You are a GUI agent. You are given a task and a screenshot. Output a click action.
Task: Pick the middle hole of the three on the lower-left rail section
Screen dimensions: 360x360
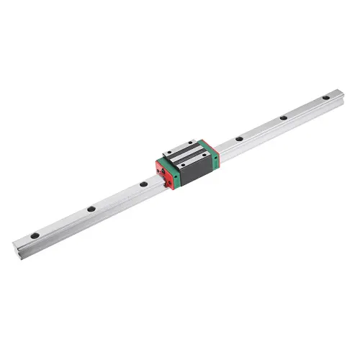coord(91,209)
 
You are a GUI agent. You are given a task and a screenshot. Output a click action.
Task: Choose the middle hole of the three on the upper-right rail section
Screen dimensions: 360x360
coord(284,117)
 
